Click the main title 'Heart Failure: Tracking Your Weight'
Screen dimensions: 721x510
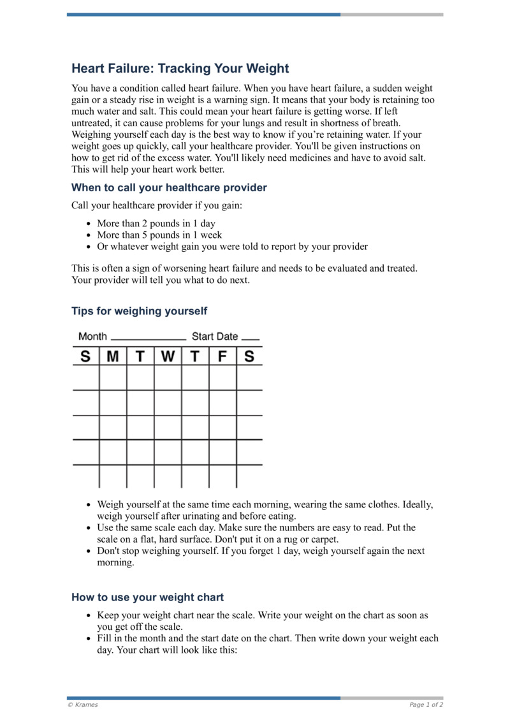(x=180, y=68)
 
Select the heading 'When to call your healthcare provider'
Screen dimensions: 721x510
(x=169, y=187)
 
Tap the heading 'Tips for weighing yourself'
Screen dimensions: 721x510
(x=139, y=311)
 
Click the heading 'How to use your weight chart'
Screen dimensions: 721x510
(x=147, y=597)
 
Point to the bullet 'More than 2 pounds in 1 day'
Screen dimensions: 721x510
(x=156, y=224)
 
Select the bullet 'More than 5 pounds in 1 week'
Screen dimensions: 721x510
(x=159, y=235)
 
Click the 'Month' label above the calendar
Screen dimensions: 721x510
(x=92, y=336)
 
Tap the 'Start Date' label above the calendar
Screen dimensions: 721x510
(x=215, y=336)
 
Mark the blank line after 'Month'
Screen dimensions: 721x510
(x=148, y=339)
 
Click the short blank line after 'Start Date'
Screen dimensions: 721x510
(x=251, y=339)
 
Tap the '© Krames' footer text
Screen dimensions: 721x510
(x=82, y=705)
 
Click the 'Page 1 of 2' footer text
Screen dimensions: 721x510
(x=426, y=705)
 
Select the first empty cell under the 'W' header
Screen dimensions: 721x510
(x=168, y=377)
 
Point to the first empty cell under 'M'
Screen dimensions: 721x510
(x=113, y=377)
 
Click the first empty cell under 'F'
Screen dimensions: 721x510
(x=222, y=377)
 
